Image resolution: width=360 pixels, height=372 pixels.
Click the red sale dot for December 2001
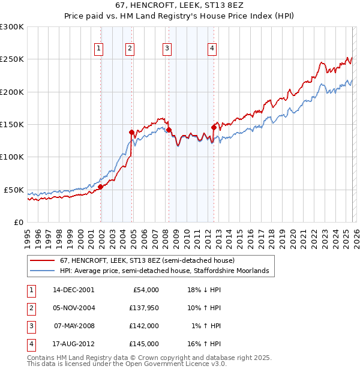point(101,187)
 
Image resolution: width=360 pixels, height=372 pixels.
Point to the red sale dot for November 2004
point(131,132)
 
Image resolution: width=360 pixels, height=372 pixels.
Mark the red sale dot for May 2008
point(169,130)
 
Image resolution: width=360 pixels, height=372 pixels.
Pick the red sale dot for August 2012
point(214,127)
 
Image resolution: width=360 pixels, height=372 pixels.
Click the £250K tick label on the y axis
point(12,59)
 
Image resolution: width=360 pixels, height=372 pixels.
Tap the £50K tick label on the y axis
point(14,190)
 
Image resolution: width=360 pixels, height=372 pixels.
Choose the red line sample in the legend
point(42,261)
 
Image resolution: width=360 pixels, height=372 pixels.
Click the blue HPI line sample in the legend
point(42,271)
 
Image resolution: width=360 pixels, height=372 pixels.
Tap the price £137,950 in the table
point(144,308)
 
